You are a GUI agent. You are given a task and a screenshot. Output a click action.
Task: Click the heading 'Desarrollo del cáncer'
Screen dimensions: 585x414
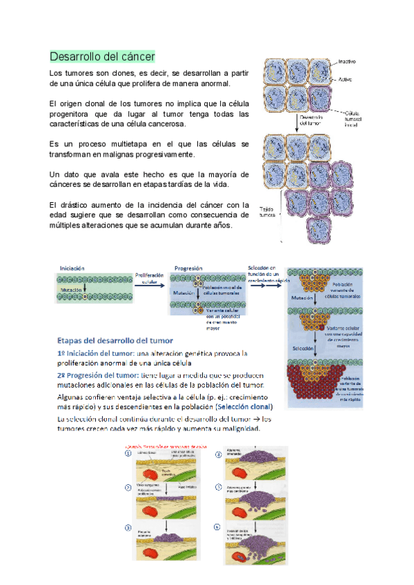coord(102,56)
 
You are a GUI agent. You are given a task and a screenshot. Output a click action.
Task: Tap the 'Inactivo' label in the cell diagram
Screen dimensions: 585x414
coord(348,62)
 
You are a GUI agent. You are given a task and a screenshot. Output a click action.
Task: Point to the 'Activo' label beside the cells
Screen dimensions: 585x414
coord(344,81)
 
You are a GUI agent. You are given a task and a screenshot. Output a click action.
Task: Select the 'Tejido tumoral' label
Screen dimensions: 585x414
coord(268,211)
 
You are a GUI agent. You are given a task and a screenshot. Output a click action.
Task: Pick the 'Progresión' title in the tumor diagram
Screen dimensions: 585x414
coord(188,268)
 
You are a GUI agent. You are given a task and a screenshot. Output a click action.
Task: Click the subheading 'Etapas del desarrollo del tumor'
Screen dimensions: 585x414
coord(115,339)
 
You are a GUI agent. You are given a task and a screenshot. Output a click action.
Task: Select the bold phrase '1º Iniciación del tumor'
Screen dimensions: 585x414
coord(97,353)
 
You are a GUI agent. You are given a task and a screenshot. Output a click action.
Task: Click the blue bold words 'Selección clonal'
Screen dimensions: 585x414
coord(244,407)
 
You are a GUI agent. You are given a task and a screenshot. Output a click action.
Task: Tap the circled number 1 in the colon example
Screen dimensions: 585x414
coord(128,453)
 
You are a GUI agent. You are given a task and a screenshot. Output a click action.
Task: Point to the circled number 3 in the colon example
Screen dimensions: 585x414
coord(128,528)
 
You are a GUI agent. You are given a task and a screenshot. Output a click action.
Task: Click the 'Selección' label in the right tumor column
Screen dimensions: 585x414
coord(304,349)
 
